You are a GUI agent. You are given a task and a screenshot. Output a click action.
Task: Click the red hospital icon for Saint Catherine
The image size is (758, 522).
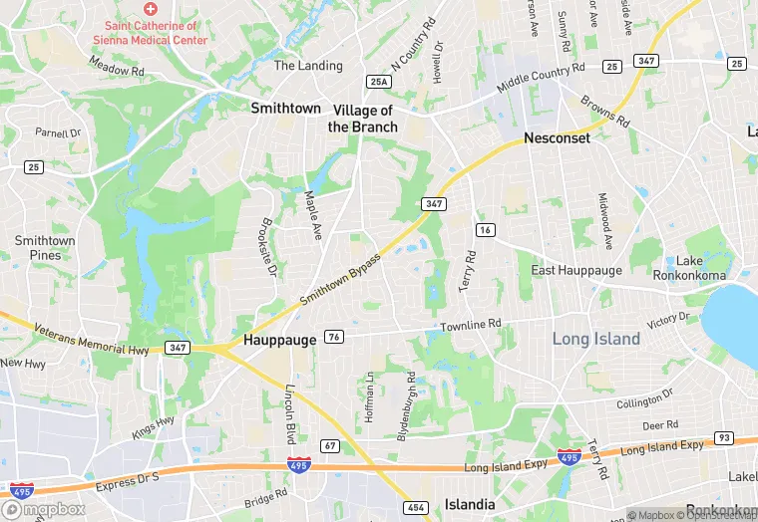151,8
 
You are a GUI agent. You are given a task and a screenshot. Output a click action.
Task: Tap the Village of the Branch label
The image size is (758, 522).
363,119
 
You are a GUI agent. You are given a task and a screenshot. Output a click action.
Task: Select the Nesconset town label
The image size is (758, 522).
558,137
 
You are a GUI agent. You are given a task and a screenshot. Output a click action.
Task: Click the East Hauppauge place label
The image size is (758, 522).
576,270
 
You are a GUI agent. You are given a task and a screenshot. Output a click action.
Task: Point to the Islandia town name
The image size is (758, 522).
470,504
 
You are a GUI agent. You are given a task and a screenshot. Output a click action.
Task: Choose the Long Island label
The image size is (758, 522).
596,339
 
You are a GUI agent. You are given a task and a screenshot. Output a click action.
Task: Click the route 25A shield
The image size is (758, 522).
378,82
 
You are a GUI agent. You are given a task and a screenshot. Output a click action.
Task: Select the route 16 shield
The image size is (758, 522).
486,230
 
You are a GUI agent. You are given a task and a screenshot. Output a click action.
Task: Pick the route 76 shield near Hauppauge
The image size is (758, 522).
335,337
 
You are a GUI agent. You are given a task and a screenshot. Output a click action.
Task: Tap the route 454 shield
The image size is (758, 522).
417,508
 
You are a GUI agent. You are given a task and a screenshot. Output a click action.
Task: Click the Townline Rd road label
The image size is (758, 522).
471,325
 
